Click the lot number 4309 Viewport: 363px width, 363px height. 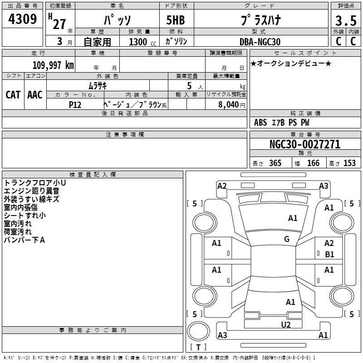coord(23,20)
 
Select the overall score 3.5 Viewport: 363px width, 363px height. coord(345,21)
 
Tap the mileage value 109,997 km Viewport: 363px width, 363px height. coord(53,65)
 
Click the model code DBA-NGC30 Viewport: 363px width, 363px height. coord(260,42)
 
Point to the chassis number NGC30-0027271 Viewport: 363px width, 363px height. coord(304,144)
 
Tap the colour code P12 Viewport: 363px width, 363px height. coord(75,104)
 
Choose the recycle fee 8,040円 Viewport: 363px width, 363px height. coord(231,104)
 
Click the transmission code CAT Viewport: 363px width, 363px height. coord(13,94)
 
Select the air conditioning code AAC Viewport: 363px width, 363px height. coord(35,94)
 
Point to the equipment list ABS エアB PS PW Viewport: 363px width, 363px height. coord(282,123)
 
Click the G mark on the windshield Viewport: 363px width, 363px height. coord(287,239)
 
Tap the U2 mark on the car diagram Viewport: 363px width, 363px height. coord(285,324)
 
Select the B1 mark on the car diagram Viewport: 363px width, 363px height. coord(329,255)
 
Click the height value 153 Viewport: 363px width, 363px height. coord(349,163)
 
